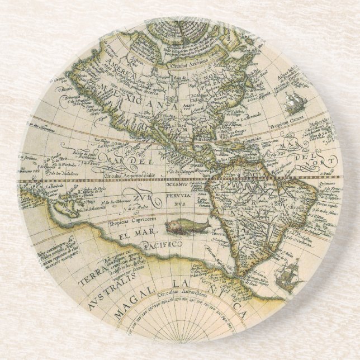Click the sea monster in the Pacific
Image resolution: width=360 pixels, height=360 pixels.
click(x=187, y=226)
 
